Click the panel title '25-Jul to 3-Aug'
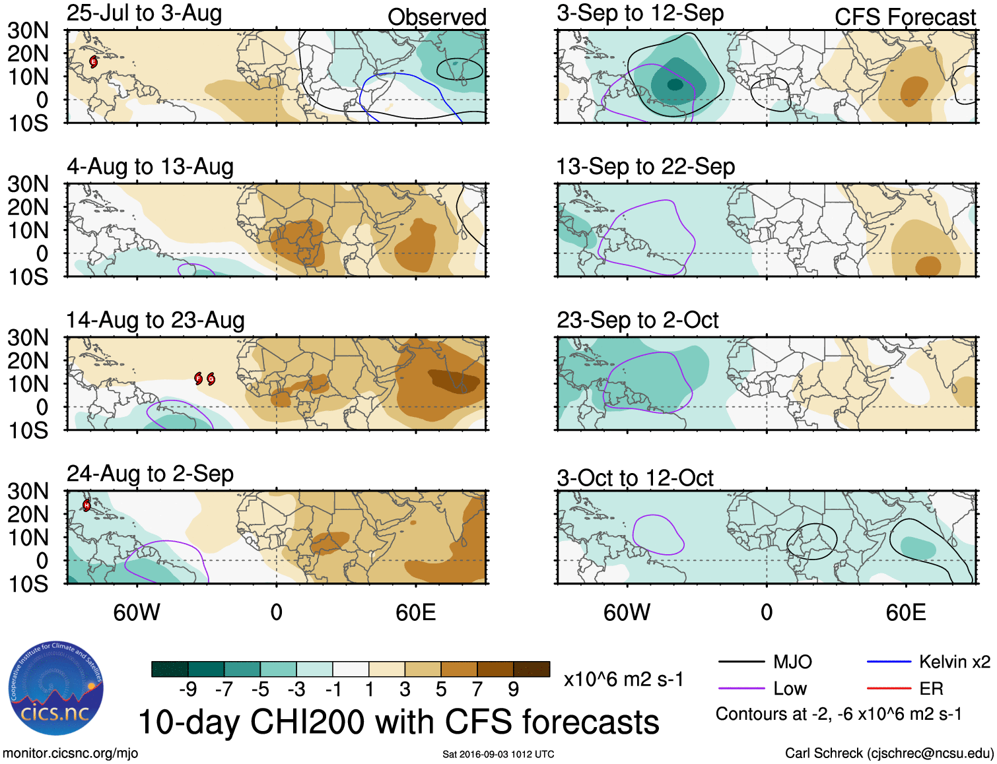(x=144, y=14)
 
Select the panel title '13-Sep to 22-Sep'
(x=645, y=167)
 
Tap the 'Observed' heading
(x=436, y=17)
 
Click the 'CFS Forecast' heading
(x=905, y=17)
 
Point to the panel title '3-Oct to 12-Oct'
(x=635, y=478)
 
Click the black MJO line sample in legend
(x=741, y=662)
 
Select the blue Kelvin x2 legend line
(x=889, y=662)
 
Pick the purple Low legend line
(x=741, y=689)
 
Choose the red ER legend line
(x=889, y=689)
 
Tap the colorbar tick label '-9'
(x=188, y=689)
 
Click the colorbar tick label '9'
(x=513, y=689)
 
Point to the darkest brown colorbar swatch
(x=532, y=669)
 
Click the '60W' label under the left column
(x=137, y=612)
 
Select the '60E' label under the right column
(x=905, y=612)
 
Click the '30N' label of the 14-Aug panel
(x=28, y=338)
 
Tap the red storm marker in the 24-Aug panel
(x=86, y=506)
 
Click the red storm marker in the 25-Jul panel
(x=94, y=62)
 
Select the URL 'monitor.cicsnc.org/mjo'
(x=71, y=753)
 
